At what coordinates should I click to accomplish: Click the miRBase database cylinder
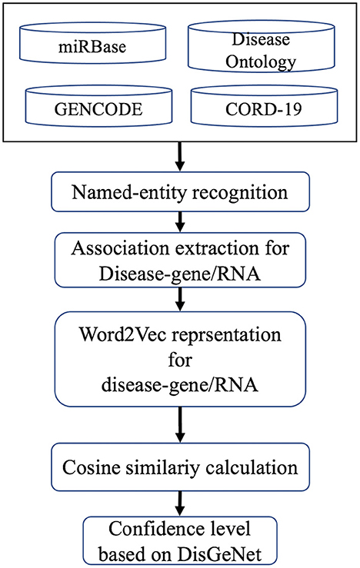click(92, 43)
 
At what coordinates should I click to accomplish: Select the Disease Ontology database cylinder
click(261, 45)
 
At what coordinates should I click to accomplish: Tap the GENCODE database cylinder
click(98, 105)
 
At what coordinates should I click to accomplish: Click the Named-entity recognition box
click(180, 191)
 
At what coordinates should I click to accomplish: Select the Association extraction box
click(180, 260)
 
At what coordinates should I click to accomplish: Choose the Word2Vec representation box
click(180, 360)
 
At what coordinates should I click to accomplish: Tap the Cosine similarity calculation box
click(180, 467)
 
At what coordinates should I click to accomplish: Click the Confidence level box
click(180, 541)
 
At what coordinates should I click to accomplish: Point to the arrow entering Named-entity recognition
click(180, 157)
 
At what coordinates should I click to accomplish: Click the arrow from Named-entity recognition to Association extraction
click(180, 222)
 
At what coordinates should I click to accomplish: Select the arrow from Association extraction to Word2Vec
click(180, 300)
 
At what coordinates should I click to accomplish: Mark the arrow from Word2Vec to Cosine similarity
click(180, 425)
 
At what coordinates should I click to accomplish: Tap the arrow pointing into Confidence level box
click(180, 504)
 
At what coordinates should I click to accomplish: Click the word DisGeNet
click(220, 554)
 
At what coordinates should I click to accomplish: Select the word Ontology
click(261, 62)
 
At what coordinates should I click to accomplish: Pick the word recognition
click(240, 192)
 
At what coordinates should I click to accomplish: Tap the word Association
click(120, 248)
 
